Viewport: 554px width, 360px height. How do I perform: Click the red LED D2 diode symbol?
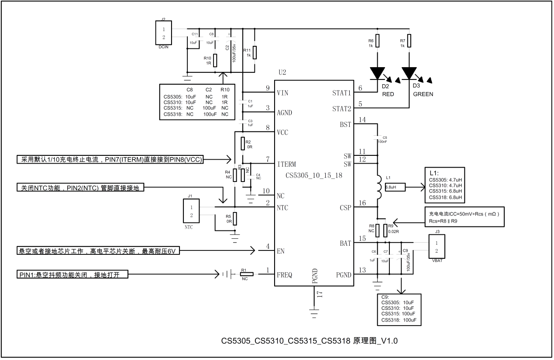pos(377,73)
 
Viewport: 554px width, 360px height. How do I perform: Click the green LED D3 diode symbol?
pos(409,73)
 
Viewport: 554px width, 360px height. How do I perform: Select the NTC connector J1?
pos(191,212)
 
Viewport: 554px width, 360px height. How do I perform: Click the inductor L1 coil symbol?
pos(378,186)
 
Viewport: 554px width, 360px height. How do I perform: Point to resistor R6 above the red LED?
pos(378,40)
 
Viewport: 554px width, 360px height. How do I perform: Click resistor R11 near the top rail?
pos(255,52)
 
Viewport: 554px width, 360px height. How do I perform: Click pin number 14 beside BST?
pos(361,120)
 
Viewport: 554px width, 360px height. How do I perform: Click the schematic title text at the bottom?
pos(309,340)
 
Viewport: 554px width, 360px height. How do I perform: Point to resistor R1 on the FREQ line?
pos(247,274)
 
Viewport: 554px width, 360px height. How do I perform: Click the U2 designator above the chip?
pos(282,72)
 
